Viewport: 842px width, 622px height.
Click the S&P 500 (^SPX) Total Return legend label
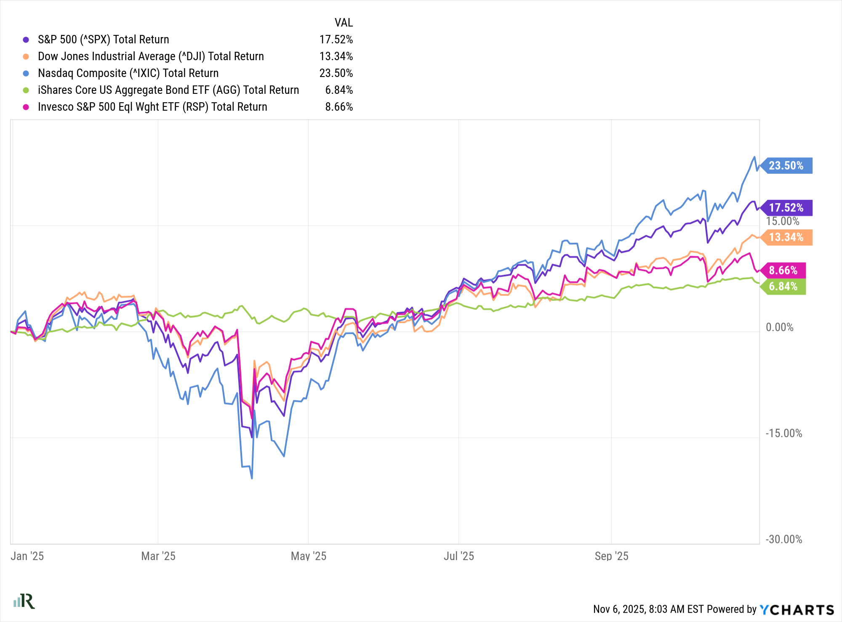pyautogui.click(x=103, y=40)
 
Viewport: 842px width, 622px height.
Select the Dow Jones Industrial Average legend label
pyautogui.click(x=151, y=56)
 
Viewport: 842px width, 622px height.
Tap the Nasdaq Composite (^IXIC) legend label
pyautogui.click(x=128, y=73)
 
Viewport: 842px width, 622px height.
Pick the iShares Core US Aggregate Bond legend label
pyautogui.click(x=168, y=90)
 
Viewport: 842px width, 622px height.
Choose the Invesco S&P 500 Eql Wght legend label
pyautogui.click(x=152, y=107)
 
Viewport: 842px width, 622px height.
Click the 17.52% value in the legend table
pyautogui.click(x=336, y=40)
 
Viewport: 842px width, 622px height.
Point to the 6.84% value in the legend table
pyautogui.click(x=339, y=90)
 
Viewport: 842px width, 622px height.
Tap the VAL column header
pyautogui.click(x=344, y=22)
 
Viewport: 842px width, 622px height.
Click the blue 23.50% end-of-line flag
pyautogui.click(x=786, y=165)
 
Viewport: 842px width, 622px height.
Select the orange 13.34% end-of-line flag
pyautogui.click(x=786, y=237)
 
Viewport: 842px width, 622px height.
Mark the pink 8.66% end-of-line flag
pyautogui.click(x=783, y=270)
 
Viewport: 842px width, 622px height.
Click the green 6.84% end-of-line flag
pyautogui.click(x=783, y=287)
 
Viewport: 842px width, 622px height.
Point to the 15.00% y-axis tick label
pyautogui.click(x=782, y=221)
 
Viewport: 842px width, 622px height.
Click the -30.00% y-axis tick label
pyautogui.click(x=783, y=540)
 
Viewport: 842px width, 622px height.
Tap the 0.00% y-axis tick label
pyautogui.click(x=779, y=327)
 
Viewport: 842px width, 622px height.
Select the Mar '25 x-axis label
pyautogui.click(x=158, y=556)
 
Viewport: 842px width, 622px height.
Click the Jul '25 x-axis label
pyautogui.click(x=458, y=556)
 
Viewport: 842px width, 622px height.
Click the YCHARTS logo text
pyautogui.click(x=797, y=610)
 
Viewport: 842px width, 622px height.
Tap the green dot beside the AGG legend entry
pyautogui.click(x=26, y=90)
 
